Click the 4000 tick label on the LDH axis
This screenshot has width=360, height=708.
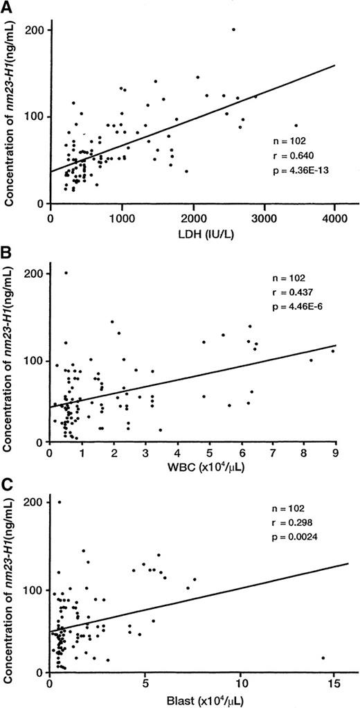coord(334,218)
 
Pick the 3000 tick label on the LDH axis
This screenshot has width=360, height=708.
coord(264,218)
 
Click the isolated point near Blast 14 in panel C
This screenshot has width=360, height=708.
coord(323,657)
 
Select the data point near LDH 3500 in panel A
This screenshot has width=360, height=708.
coord(296,125)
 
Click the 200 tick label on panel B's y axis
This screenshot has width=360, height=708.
coord(35,274)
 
